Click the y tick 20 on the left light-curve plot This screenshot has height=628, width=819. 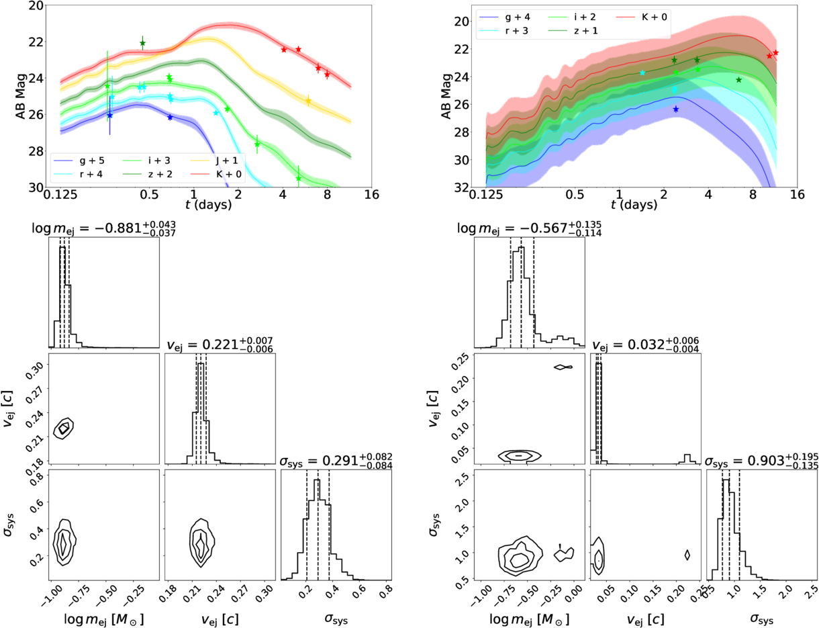(38, 6)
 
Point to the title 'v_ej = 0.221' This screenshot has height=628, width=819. (220, 345)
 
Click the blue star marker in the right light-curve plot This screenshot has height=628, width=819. (675, 109)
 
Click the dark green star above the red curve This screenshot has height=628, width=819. (142, 44)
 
